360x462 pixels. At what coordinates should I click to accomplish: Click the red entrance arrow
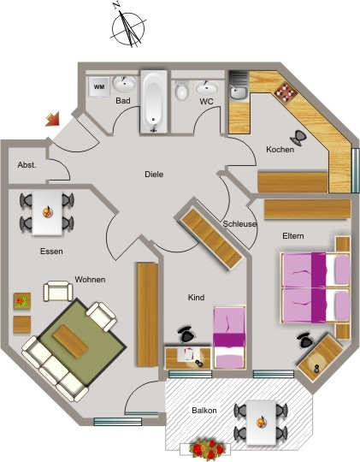[x=53, y=119]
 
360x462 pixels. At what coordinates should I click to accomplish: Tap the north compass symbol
[x=128, y=27]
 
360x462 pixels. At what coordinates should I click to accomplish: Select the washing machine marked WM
[x=98, y=86]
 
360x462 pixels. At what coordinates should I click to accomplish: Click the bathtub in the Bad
[x=154, y=101]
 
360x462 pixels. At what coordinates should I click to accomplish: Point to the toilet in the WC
[x=182, y=91]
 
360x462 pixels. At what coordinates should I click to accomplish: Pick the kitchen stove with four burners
[x=286, y=92]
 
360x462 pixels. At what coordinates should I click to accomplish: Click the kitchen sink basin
[x=238, y=92]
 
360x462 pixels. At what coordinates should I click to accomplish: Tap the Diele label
[x=154, y=175]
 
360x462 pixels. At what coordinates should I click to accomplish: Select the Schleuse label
[x=239, y=224]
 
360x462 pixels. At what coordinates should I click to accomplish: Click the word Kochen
[x=280, y=150]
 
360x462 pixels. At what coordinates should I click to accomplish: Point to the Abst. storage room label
[x=27, y=165]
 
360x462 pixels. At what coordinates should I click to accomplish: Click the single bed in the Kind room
[x=229, y=338]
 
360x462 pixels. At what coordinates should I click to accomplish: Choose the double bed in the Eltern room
[x=316, y=287]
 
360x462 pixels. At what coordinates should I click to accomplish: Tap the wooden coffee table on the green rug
[x=71, y=341]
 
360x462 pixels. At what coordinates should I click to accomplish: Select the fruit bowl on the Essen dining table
[x=47, y=211]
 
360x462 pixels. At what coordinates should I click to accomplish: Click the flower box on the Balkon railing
[x=207, y=449]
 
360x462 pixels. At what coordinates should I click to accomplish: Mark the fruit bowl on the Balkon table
[x=261, y=422]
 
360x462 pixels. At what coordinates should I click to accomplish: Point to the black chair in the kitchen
[x=298, y=138]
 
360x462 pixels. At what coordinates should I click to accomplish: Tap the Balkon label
[x=204, y=410]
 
